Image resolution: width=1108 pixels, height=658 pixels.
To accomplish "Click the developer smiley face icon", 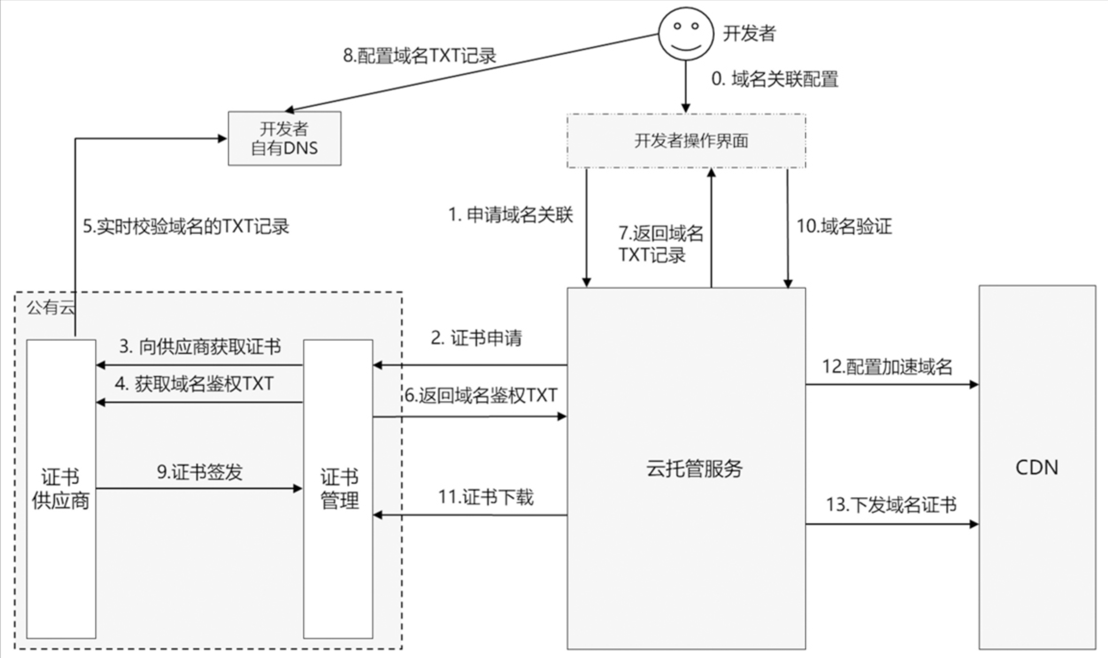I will [685, 34].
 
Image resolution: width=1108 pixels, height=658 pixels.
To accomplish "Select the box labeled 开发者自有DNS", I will [284, 139].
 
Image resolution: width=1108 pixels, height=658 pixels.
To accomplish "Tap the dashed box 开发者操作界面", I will [686, 141].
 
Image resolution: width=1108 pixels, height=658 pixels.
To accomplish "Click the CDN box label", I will [1036, 468].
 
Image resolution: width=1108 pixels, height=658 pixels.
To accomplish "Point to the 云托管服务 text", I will [694, 468].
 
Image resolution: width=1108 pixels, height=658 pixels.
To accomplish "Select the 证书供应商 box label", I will [61, 489].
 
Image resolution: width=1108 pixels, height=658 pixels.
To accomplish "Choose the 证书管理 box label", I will [340, 489].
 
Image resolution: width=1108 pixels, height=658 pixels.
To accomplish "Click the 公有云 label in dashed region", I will [50, 307].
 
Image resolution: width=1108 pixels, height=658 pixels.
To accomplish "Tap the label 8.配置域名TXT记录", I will [419, 56].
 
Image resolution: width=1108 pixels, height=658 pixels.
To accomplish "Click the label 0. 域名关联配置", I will [774, 79].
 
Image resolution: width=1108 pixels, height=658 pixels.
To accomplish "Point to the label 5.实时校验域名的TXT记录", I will [186, 226].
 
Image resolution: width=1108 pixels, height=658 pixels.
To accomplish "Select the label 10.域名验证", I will [844, 226].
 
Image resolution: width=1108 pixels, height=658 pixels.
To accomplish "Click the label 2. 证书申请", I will [476, 338].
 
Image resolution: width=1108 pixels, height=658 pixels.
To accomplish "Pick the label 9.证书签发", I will [200, 472].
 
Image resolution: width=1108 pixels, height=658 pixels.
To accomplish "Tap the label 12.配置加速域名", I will [887, 367].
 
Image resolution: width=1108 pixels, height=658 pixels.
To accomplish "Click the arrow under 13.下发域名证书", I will [892, 524].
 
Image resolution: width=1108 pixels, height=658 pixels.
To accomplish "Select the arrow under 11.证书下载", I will [470, 515].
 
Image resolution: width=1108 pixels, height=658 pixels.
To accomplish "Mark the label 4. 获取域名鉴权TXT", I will [194, 384].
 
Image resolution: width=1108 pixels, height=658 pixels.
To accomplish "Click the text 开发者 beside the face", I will [749, 33].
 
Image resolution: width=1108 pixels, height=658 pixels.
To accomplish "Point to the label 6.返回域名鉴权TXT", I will [480, 395].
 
